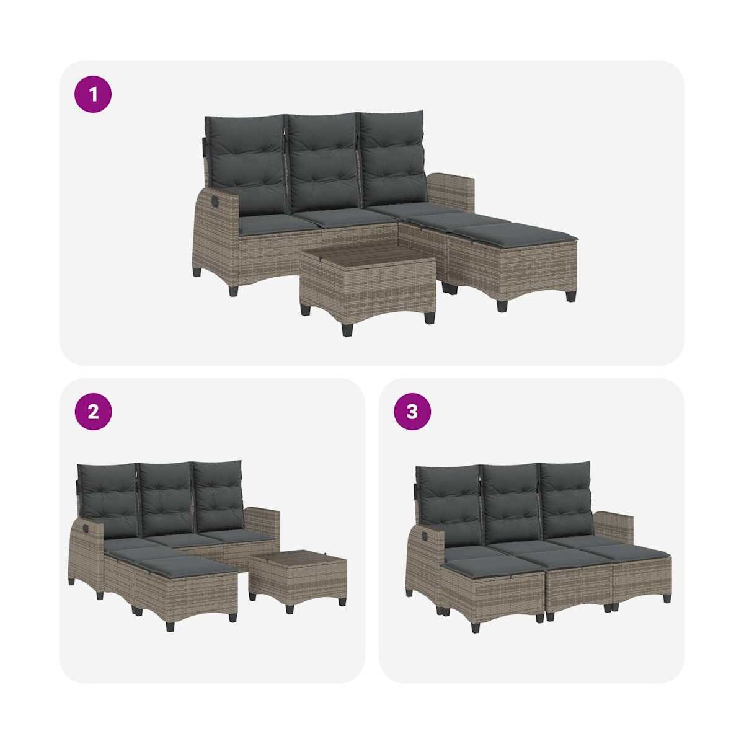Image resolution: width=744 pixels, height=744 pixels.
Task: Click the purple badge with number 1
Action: coord(93,94)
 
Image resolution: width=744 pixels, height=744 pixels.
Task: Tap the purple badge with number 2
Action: coord(93,412)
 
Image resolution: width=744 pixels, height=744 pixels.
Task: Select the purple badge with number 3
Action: coord(412,412)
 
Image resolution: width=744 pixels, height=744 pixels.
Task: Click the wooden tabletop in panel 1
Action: coord(368,257)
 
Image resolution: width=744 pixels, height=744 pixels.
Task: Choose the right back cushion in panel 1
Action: coord(394,159)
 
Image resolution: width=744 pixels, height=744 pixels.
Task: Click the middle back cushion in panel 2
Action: coord(166,498)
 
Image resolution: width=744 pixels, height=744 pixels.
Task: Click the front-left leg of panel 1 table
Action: coord(347,329)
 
